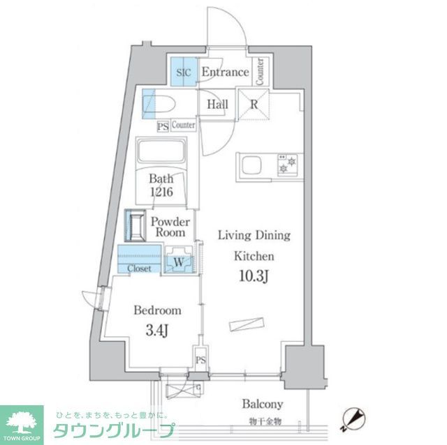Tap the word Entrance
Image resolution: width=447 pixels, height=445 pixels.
(x=225, y=72)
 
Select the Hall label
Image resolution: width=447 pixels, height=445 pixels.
(x=217, y=105)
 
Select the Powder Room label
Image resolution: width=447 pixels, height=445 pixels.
(x=170, y=227)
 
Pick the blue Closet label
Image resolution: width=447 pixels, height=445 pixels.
(x=138, y=268)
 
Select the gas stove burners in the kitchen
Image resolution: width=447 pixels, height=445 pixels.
(x=286, y=164)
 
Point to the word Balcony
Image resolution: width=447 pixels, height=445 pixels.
(x=262, y=404)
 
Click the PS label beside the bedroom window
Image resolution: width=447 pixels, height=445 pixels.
(x=200, y=361)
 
